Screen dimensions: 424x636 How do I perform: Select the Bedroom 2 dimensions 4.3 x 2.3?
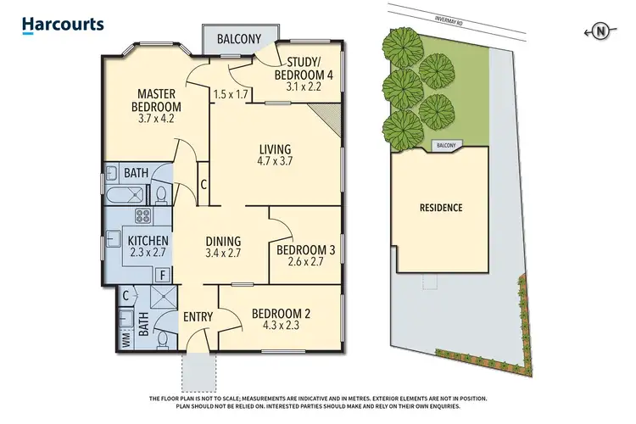coord(281,326)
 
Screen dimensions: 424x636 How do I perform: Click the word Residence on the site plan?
coord(441,207)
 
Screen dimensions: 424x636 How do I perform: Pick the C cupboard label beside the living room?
coord(204,183)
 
